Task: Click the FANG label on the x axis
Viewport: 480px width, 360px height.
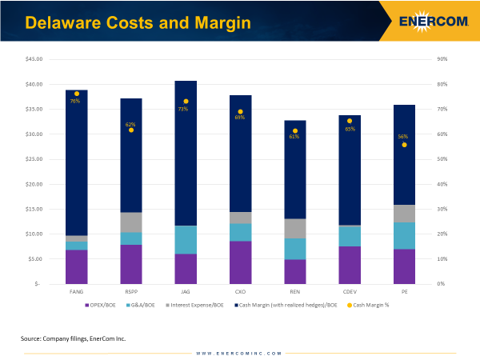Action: (x=77, y=293)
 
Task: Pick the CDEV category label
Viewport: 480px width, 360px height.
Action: (x=350, y=293)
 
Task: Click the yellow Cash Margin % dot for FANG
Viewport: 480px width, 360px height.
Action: (x=77, y=94)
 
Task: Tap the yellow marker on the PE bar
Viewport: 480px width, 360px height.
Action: (x=404, y=145)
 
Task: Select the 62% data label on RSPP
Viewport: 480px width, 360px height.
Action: (x=130, y=124)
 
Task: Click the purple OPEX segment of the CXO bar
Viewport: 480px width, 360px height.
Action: (x=240, y=262)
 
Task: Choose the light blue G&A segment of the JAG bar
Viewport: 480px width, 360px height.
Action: (x=186, y=239)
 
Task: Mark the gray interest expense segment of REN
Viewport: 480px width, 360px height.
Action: (x=295, y=228)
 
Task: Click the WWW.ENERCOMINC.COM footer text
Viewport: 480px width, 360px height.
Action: (x=239, y=353)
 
